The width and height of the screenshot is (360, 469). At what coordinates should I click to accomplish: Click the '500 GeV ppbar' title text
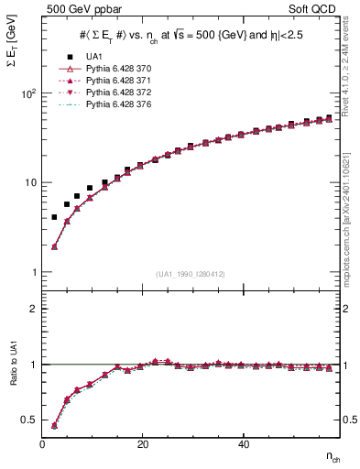[78, 10]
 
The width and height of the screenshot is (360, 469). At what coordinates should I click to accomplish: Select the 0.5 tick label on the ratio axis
[29, 420]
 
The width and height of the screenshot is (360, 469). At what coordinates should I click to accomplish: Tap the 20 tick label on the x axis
[142, 444]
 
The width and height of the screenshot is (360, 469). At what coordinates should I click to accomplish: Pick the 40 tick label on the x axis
[242, 444]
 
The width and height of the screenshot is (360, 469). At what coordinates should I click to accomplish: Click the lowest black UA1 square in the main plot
[54, 217]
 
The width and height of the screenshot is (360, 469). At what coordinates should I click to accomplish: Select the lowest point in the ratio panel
[54, 426]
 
